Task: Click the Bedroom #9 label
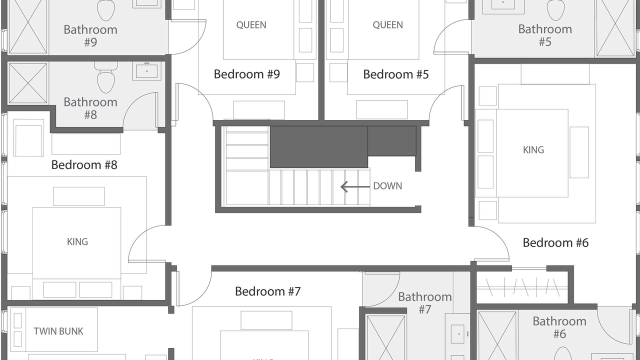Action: tap(247, 74)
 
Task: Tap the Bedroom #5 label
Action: tap(396, 74)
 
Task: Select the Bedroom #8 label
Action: tap(84, 165)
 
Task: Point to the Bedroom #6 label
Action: tap(555, 243)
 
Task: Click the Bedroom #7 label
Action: tap(268, 291)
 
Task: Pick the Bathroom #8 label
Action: tap(90, 108)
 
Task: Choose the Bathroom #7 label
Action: tap(425, 303)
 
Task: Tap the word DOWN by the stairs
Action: tap(387, 186)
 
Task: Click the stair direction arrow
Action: tap(355, 187)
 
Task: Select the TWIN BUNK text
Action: tap(58, 331)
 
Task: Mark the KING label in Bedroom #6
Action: tap(533, 150)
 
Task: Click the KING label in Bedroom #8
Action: tap(77, 242)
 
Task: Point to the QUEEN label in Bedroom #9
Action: tap(251, 25)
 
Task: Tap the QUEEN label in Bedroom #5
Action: tap(387, 25)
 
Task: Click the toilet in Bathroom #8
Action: tap(105, 77)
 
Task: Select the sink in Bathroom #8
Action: tap(146, 71)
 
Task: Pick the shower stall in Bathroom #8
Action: tap(28, 83)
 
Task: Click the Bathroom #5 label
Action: tap(545, 35)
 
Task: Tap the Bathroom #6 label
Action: tap(559, 327)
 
